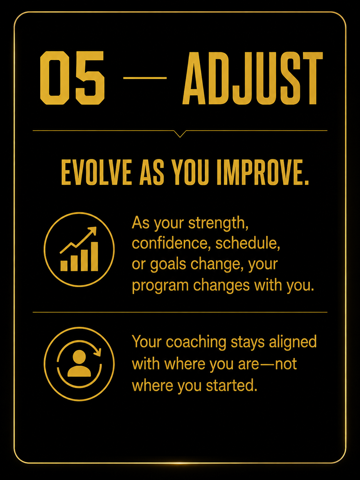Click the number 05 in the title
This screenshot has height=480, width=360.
tap(72, 78)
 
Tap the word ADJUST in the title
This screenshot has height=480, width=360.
tap(253, 78)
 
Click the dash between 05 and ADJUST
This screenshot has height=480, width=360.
tap(145, 78)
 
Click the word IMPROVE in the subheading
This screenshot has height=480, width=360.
tap(263, 172)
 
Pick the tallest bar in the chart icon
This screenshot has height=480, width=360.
tap(94, 256)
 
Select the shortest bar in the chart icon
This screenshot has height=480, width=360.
tap(64, 266)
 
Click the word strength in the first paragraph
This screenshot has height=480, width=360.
tap(218, 223)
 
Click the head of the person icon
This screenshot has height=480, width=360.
tap(79, 357)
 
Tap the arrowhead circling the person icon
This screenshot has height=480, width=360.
tap(97, 352)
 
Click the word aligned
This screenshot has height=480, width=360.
tap(293, 341)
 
